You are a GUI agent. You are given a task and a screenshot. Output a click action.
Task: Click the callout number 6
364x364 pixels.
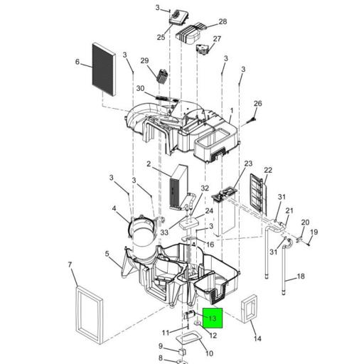tap(77, 62)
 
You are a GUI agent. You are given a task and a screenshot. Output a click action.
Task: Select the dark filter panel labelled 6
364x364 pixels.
tap(104, 69)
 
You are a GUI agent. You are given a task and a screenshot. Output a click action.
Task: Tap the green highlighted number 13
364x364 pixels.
tap(213, 318)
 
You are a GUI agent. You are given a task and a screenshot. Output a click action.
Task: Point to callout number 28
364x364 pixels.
tap(223, 21)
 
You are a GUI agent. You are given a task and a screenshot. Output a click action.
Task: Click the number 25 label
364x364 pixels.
tap(161, 37)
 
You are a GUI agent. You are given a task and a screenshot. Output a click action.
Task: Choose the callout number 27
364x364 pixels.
tap(217, 38)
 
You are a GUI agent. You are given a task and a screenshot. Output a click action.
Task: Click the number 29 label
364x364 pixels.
tap(144, 60)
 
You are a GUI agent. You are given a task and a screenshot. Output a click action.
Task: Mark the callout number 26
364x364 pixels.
tap(258, 104)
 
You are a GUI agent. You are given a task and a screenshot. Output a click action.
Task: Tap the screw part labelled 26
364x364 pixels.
tap(251, 120)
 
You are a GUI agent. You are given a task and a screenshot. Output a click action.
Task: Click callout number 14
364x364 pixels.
tap(257, 338)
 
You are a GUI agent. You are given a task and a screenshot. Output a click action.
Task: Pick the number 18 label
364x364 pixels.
tap(301, 277)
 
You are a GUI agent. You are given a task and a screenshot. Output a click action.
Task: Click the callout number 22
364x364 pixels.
tap(268, 170)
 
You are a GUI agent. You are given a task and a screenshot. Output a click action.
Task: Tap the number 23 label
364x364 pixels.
tap(248, 164)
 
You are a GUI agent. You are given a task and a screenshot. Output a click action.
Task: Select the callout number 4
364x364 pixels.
tap(114, 208)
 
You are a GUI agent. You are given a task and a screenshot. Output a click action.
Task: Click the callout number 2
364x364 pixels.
tap(149, 164)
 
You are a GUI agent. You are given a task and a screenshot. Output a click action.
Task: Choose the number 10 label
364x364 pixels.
tap(209, 353)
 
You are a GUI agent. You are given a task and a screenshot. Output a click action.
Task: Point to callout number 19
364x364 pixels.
tap(314, 232)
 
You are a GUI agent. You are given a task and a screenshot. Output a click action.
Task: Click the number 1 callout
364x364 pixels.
tap(232, 111)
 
